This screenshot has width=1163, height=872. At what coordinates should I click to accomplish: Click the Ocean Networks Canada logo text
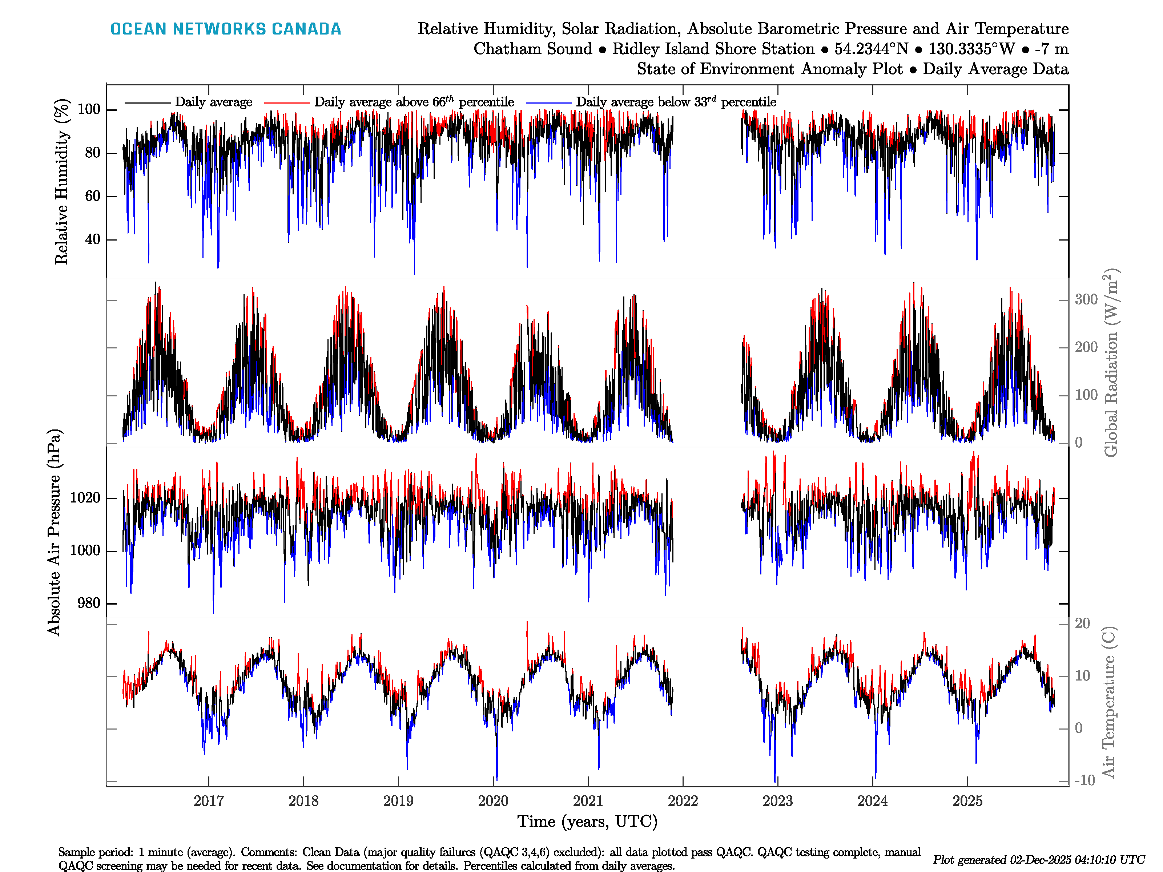click(x=226, y=29)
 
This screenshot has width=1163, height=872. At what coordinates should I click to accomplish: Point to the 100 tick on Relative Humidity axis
click(x=89, y=109)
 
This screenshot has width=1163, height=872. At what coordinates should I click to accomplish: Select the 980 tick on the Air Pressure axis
click(x=88, y=603)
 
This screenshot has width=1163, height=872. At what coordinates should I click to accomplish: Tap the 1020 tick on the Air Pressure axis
click(x=85, y=498)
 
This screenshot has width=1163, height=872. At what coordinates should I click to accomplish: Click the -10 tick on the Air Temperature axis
click(x=1084, y=780)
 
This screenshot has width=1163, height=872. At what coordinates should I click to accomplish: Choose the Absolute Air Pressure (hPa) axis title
click(x=54, y=532)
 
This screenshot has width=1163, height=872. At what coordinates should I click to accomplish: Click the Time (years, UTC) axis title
click(x=587, y=821)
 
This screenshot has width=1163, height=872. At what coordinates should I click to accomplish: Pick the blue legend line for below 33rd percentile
click(x=548, y=102)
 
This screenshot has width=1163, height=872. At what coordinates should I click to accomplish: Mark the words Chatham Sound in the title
click(x=532, y=49)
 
